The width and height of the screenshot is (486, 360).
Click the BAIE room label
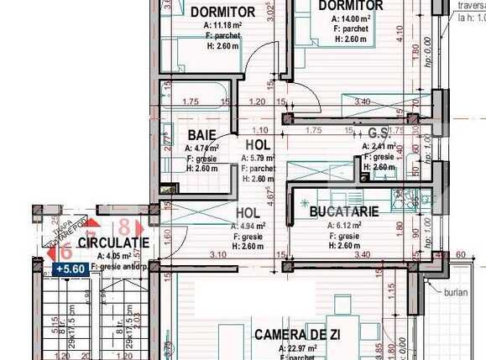pos(201,134)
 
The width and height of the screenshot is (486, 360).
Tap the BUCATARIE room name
pos(344,213)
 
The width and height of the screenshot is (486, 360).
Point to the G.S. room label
pos(379,133)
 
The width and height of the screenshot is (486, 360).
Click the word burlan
pos(457,293)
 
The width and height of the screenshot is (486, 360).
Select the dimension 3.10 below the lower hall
pos(217,255)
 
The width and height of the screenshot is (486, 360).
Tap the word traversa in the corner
pos(470,5)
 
